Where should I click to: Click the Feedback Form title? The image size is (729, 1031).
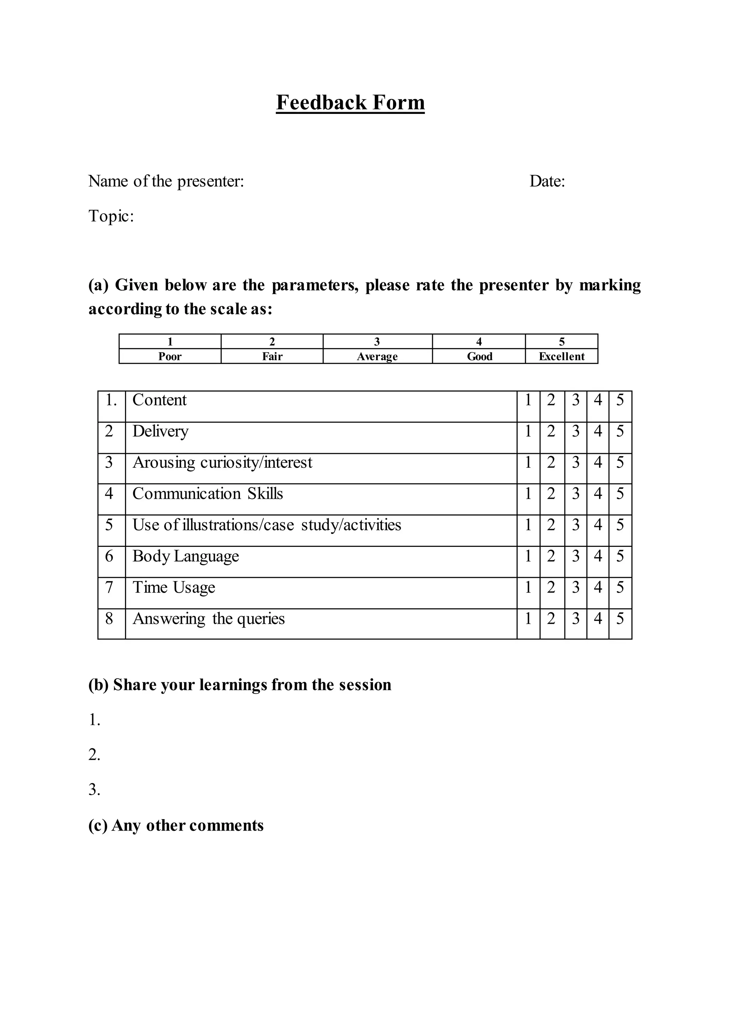[350, 103]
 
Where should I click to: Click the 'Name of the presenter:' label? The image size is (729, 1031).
[166, 182]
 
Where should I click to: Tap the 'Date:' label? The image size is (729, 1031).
[547, 182]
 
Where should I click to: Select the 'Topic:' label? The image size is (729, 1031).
[111, 216]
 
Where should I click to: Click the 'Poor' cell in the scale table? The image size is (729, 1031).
[170, 356]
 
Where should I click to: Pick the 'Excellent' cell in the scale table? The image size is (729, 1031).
[562, 356]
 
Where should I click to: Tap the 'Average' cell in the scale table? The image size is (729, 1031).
[377, 356]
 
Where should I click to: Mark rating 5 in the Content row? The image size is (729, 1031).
[620, 400]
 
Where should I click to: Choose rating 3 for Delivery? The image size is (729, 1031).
[576, 431]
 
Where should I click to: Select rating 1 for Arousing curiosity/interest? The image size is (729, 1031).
[528, 462]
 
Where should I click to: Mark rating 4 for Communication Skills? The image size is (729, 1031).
[598, 494]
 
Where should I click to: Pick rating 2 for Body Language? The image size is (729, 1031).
[551, 556]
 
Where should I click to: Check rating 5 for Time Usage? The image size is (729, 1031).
[620, 587]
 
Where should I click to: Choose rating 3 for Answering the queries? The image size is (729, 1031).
[576, 619]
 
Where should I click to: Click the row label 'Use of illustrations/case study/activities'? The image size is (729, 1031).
[267, 525]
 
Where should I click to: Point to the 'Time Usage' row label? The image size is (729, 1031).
[174, 587]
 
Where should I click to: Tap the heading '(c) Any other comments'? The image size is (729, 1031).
[176, 825]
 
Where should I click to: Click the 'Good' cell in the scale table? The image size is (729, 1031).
[479, 356]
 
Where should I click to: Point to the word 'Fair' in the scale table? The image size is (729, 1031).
[272, 356]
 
